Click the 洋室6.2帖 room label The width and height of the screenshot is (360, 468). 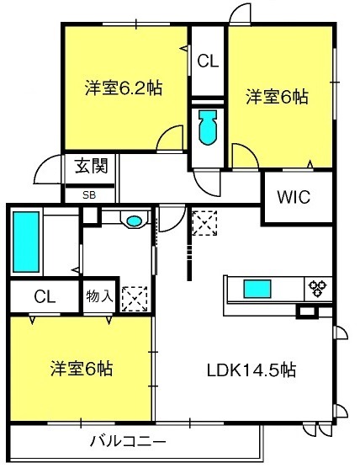[124, 88]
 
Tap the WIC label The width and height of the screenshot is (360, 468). [294, 197]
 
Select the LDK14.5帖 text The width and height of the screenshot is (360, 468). [251, 370]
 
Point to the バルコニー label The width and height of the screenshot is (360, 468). [128, 441]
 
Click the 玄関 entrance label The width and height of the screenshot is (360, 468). [91, 166]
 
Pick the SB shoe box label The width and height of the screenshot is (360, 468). [89, 195]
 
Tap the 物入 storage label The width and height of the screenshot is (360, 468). [99, 296]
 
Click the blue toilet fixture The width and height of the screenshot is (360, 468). [207, 127]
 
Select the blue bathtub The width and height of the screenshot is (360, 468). [26, 242]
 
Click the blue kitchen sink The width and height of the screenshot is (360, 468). [257, 289]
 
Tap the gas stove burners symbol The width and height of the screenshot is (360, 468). [318, 288]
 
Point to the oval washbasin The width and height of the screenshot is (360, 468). [134, 221]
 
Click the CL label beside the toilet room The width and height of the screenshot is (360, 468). [208, 61]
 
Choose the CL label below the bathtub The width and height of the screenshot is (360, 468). [45, 296]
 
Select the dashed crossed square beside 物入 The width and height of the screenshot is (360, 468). [135, 299]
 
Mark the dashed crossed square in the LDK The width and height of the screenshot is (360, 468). [204, 223]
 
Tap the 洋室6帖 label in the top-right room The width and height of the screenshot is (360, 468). [277, 97]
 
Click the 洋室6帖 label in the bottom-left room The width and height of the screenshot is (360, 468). [82, 369]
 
